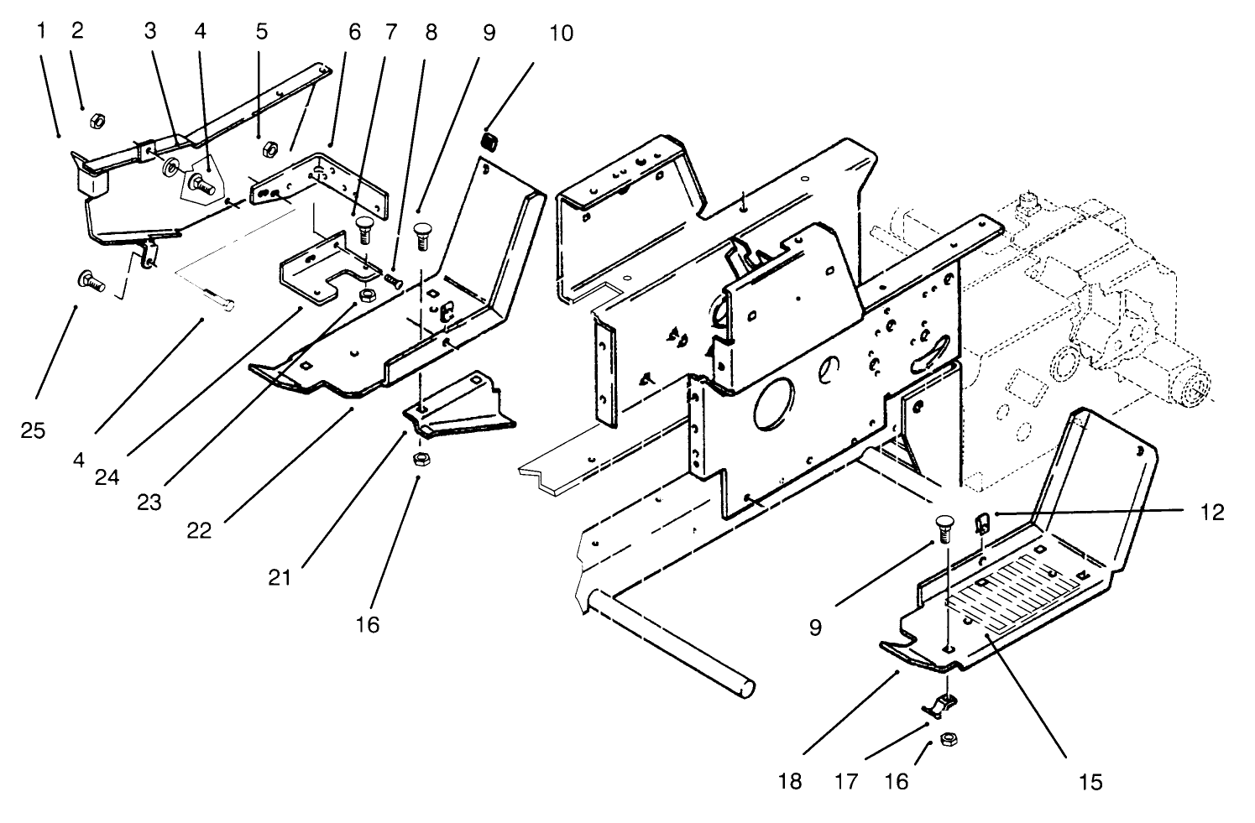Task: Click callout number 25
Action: (34, 430)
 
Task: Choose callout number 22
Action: (199, 531)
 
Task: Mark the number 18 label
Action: (790, 782)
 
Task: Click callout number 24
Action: (106, 477)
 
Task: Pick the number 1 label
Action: (40, 31)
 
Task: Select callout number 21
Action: (280, 577)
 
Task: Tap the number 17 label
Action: (846, 782)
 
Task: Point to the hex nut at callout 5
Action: (270, 149)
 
